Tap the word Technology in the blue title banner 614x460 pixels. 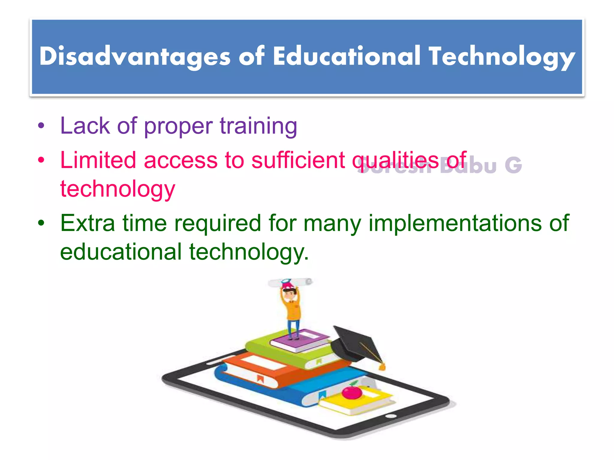[502, 56]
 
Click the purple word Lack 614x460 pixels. [85, 126]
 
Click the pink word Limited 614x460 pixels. [98, 160]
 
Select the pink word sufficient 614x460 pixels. [298, 160]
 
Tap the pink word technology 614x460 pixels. [118, 189]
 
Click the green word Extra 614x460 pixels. [88, 223]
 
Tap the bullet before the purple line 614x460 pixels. [41, 126]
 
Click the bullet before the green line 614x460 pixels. [41, 223]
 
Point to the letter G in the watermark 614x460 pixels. [513, 165]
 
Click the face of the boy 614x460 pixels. [290, 295]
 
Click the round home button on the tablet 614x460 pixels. [391, 416]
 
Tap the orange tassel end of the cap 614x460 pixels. [382, 367]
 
